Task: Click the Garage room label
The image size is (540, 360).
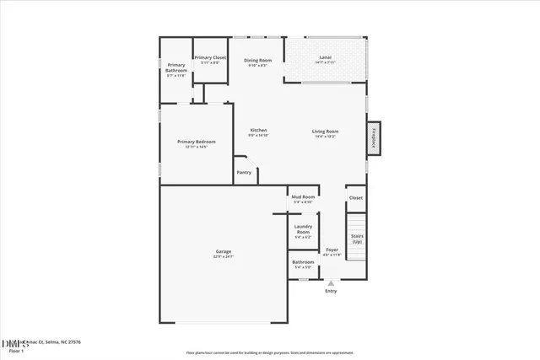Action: (x=223, y=252)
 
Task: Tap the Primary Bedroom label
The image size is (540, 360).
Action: (x=196, y=142)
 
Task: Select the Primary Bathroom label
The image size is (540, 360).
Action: (x=176, y=67)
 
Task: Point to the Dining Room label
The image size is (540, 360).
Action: (x=257, y=60)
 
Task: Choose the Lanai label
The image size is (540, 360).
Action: (x=325, y=57)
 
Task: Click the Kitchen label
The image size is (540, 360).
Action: (x=258, y=130)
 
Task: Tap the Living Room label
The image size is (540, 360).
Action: (x=325, y=132)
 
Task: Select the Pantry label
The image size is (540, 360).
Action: (x=244, y=172)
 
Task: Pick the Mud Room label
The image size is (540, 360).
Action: (x=303, y=196)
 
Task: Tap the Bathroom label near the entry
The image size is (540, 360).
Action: (x=303, y=262)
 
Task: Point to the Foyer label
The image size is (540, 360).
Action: (x=332, y=250)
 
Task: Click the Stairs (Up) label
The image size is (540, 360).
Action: (x=357, y=239)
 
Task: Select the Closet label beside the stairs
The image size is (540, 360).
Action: (x=356, y=198)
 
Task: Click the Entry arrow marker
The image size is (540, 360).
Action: (x=331, y=283)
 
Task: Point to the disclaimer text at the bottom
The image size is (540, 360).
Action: (x=270, y=352)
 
